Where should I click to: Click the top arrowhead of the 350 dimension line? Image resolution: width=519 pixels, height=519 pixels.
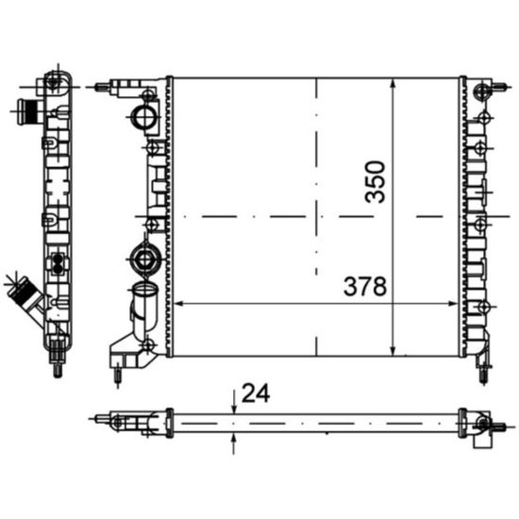[x=392, y=81]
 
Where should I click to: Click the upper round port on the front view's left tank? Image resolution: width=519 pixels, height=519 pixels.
[x=144, y=118]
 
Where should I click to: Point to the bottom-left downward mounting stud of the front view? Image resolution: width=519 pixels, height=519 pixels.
[x=117, y=375]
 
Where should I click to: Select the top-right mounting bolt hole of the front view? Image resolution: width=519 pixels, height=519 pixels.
[x=484, y=91]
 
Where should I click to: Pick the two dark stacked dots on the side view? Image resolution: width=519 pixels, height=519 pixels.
[x=59, y=260]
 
